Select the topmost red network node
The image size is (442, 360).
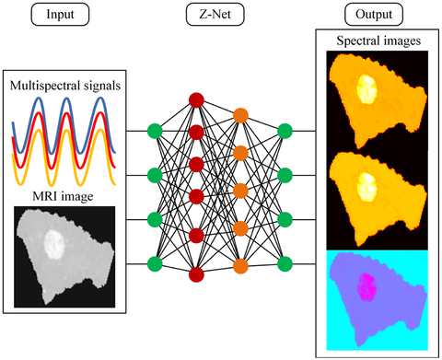pyautogui.click(x=195, y=99)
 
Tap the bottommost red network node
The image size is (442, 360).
pyautogui.click(x=195, y=274)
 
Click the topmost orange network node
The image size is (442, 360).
pyautogui.click(x=241, y=116)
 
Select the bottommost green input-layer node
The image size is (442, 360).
pyautogui.click(x=153, y=266)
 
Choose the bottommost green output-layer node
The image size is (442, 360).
pyautogui.click(x=285, y=266)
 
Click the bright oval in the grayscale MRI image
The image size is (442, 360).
pyautogui.click(x=54, y=245)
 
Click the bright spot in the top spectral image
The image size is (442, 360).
pyautogui.click(x=366, y=89)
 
